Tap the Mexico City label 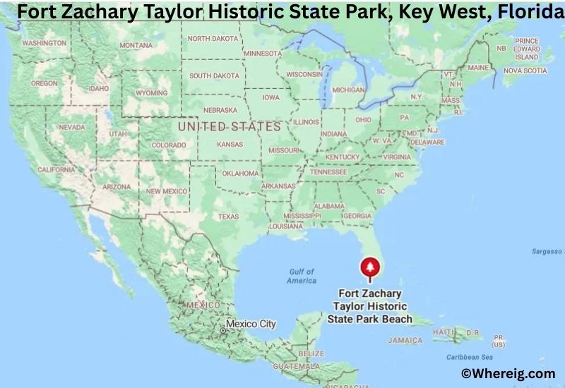pos(251,325)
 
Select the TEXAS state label pos(228,217)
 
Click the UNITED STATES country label pos(230,127)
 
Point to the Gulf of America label pos(302,276)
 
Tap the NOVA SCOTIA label pos(525,71)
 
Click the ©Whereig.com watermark pos(508,374)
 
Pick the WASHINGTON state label pos(44,43)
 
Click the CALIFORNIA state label pos(56,170)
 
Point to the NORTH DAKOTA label pos(213,39)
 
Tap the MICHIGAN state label pos(348,90)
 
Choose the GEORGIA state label pos(357,216)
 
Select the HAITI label pos(444,332)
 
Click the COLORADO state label pos(168,145)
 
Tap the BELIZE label pos(311,353)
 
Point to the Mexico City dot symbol pos(223,329)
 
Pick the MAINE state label pos(478,68)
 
